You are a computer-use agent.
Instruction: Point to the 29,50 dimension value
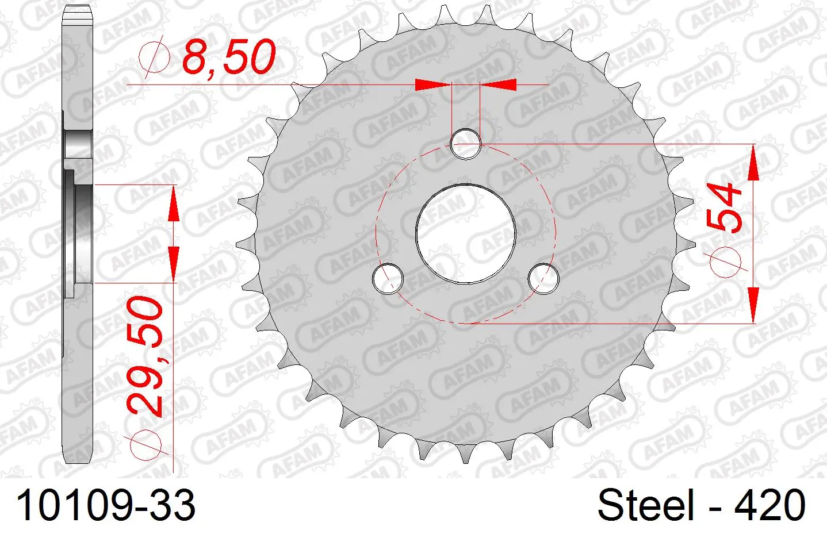[145, 357]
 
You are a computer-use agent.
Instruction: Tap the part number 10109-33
[106, 505]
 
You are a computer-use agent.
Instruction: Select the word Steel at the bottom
[646, 505]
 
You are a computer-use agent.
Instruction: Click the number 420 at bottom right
[769, 505]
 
